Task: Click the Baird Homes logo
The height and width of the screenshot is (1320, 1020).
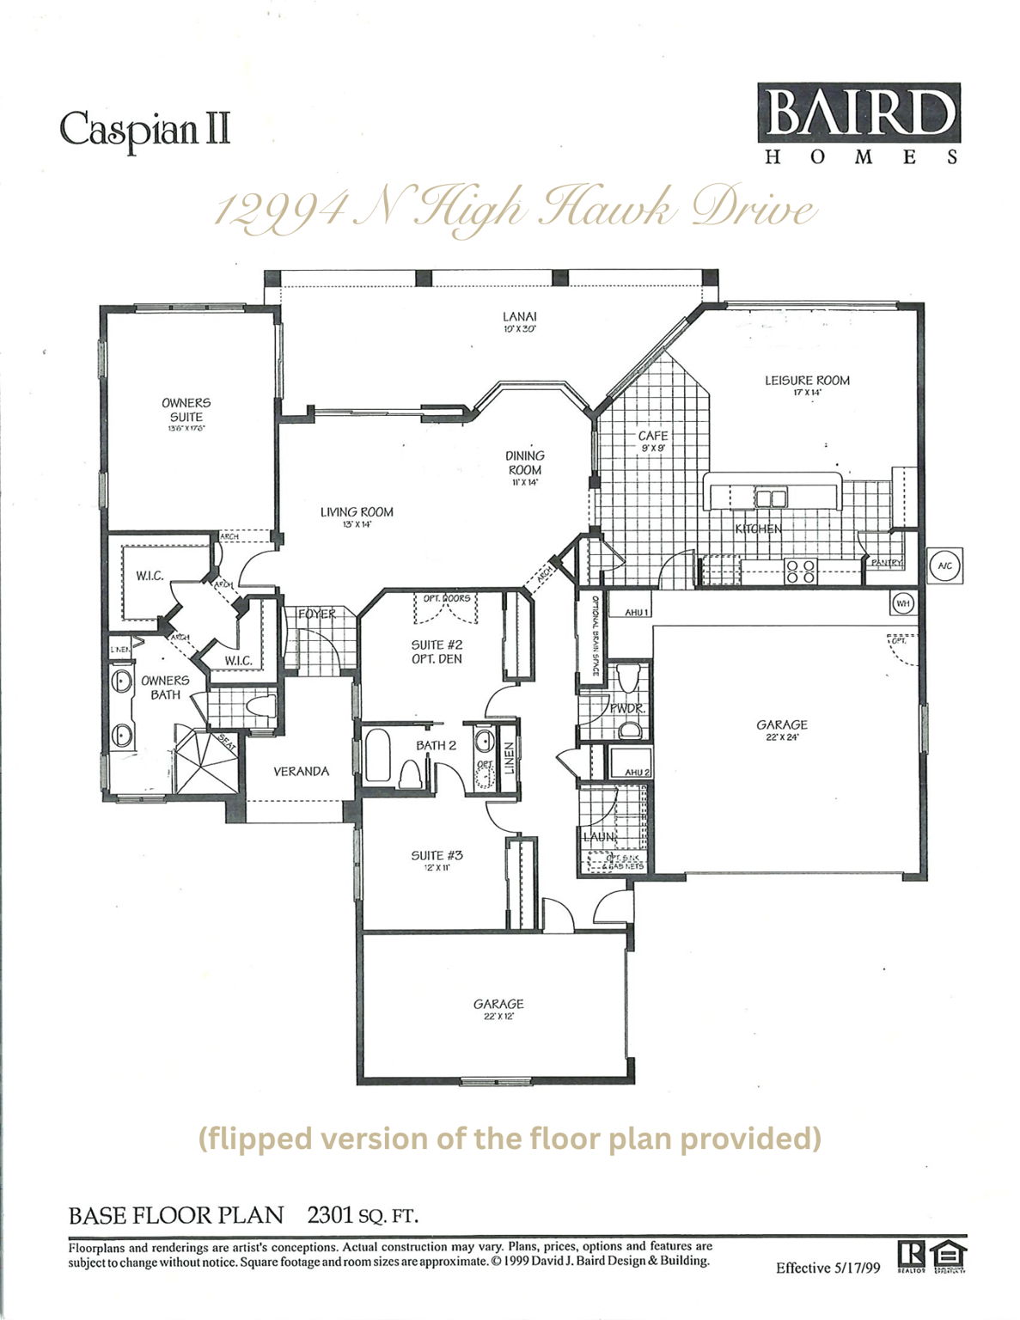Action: click(x=858, y=123)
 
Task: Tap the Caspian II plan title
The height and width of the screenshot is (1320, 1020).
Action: click(x=144, y=129)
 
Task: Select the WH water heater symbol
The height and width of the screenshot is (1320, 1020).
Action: click(x=901, y=603)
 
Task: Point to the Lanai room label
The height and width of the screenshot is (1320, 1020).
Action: click(x=519, y=321)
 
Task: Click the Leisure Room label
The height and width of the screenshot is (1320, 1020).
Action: click(x=807, y=384)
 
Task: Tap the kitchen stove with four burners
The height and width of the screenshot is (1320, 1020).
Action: click(x=801, y=571)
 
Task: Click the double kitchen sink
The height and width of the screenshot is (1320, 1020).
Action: click(x=771, y=498)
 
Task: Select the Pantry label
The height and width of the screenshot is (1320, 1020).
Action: click(x=886, y=563)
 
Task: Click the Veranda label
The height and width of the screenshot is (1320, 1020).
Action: click(x=301, y=771)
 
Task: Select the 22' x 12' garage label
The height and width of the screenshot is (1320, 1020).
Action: click(x=498, y=1008)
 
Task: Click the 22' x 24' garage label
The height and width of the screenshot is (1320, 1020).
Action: click(x=781, y=730)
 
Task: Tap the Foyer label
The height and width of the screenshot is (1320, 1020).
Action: click(x=316, y=614)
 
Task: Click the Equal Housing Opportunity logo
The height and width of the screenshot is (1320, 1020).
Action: click(x=951, y=1256)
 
